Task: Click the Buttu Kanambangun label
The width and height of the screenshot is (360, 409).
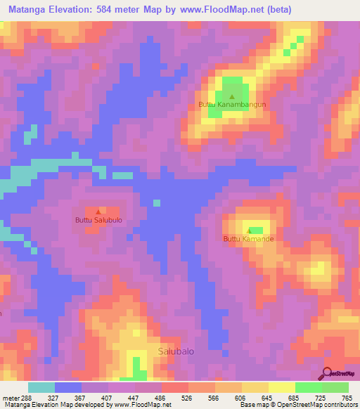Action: coord(232,105)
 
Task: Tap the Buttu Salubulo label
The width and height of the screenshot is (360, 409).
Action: coord(99,220)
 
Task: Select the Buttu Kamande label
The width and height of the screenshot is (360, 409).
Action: coord(248,239)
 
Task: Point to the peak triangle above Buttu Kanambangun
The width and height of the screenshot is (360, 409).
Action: coord(233,96)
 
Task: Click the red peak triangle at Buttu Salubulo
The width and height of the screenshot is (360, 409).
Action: coord(98,211)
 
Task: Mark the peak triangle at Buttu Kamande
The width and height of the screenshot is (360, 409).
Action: coord(249,231)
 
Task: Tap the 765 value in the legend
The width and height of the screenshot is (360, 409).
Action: coord(347,397)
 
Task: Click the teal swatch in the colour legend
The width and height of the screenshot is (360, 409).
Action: coord(41,387)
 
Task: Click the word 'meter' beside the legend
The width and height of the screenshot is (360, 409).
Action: coord(10,397)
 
